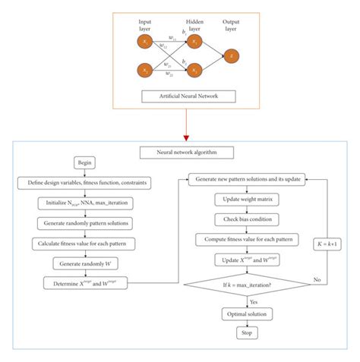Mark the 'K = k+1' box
coord(326,244)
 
